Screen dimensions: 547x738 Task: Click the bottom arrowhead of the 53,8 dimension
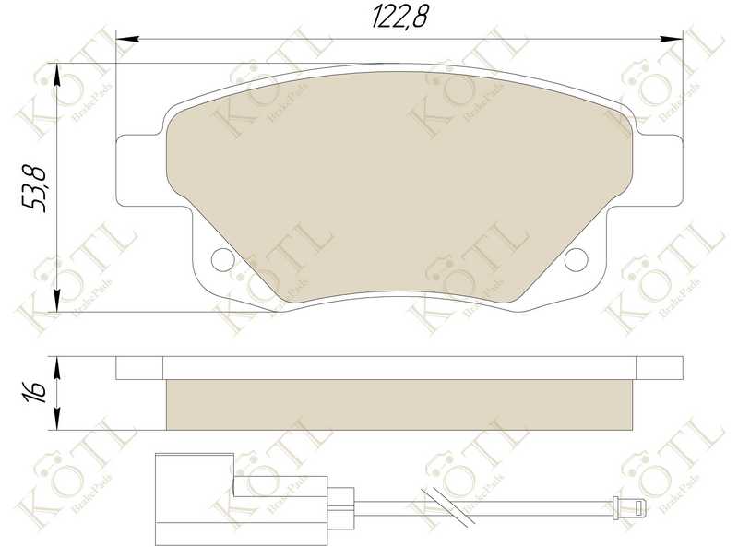(x=59, y=304)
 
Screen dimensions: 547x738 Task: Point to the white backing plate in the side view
(x=399, y=368)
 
